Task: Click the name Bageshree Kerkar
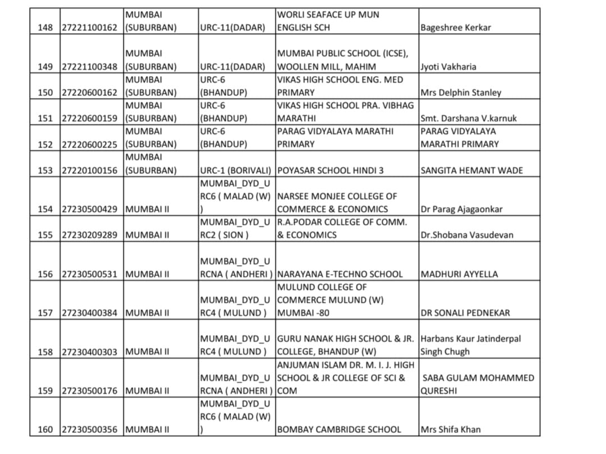455,27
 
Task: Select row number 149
45,67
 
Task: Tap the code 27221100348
90,67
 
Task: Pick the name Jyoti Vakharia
448,67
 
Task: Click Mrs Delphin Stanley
461,92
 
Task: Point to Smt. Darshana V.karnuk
468,118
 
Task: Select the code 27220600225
90,144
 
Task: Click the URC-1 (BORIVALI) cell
236,170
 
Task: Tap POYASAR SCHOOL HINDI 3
330,170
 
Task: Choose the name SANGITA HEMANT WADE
471,170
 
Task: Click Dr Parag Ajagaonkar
461,209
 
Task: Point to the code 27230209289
90,235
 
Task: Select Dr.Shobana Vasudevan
466,235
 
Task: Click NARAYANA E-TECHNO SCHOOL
340,274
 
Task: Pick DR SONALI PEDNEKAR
465,313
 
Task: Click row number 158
45,352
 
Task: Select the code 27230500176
90,391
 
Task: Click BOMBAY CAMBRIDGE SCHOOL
339,430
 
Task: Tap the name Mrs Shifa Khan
451,430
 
